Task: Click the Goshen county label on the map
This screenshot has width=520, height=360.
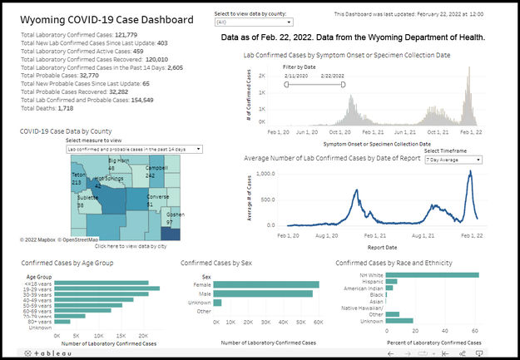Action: (x=175, y=214)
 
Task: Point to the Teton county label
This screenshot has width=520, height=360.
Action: (x=78, y=175)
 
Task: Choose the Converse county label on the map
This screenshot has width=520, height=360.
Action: (x=157, y=197)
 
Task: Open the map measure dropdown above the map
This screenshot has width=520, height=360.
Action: (x=136, y=150)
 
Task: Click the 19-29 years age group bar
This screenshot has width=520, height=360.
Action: (x=107, y=289)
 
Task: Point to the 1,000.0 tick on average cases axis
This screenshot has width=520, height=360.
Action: (x=265, y=174)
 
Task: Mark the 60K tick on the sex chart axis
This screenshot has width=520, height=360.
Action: (x=319, y=321)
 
